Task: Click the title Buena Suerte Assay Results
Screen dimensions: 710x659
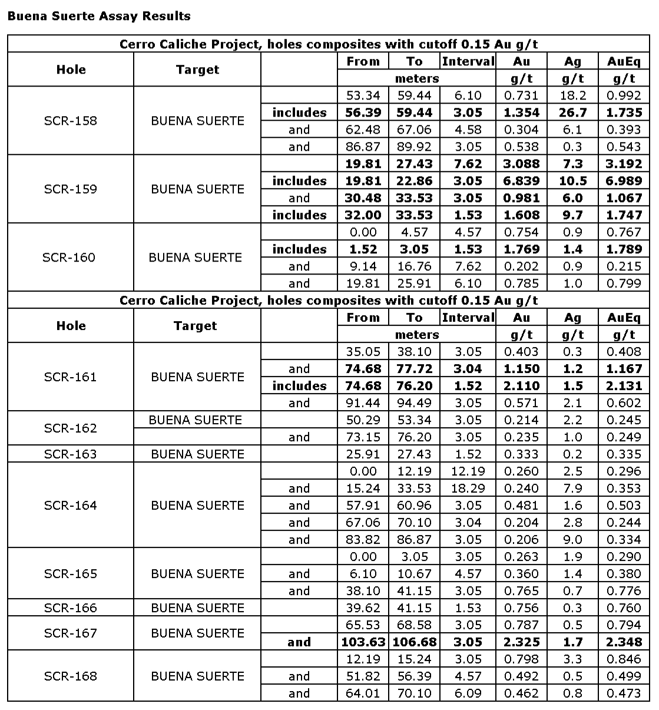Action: [99, 16]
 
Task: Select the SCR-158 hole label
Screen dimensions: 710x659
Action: [71, 121]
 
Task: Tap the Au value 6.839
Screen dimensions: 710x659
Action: [521, 181]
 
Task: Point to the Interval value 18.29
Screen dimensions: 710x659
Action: [468, 488]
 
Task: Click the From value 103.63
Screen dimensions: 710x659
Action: [363, 642]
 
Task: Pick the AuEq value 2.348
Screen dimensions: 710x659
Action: [624, 642]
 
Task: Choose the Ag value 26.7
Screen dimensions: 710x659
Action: [572, 113]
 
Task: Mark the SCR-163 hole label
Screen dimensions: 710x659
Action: [71, 454]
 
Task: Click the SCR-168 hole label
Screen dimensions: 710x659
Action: [71, 676]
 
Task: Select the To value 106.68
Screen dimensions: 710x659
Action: [415, 642]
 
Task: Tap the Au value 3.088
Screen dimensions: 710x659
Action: [521, 164]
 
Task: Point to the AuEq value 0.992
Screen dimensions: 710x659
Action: [624, 95]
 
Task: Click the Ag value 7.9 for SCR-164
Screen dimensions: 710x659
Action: [572, 488]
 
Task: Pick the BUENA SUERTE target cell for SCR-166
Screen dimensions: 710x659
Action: [197, 608]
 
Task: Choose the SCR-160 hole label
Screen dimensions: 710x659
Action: [69, 257]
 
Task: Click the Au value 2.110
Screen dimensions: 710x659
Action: [521, 386]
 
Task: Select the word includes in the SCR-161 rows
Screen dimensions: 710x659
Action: [299, 386]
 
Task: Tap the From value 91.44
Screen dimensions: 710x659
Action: [363, 403]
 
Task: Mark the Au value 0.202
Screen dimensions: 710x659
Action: [521, 266]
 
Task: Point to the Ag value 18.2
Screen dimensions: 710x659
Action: [572, 95]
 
